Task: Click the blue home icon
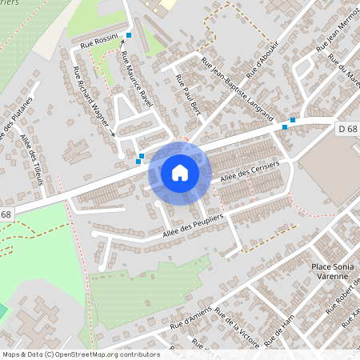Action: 180,172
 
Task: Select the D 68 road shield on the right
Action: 346,129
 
